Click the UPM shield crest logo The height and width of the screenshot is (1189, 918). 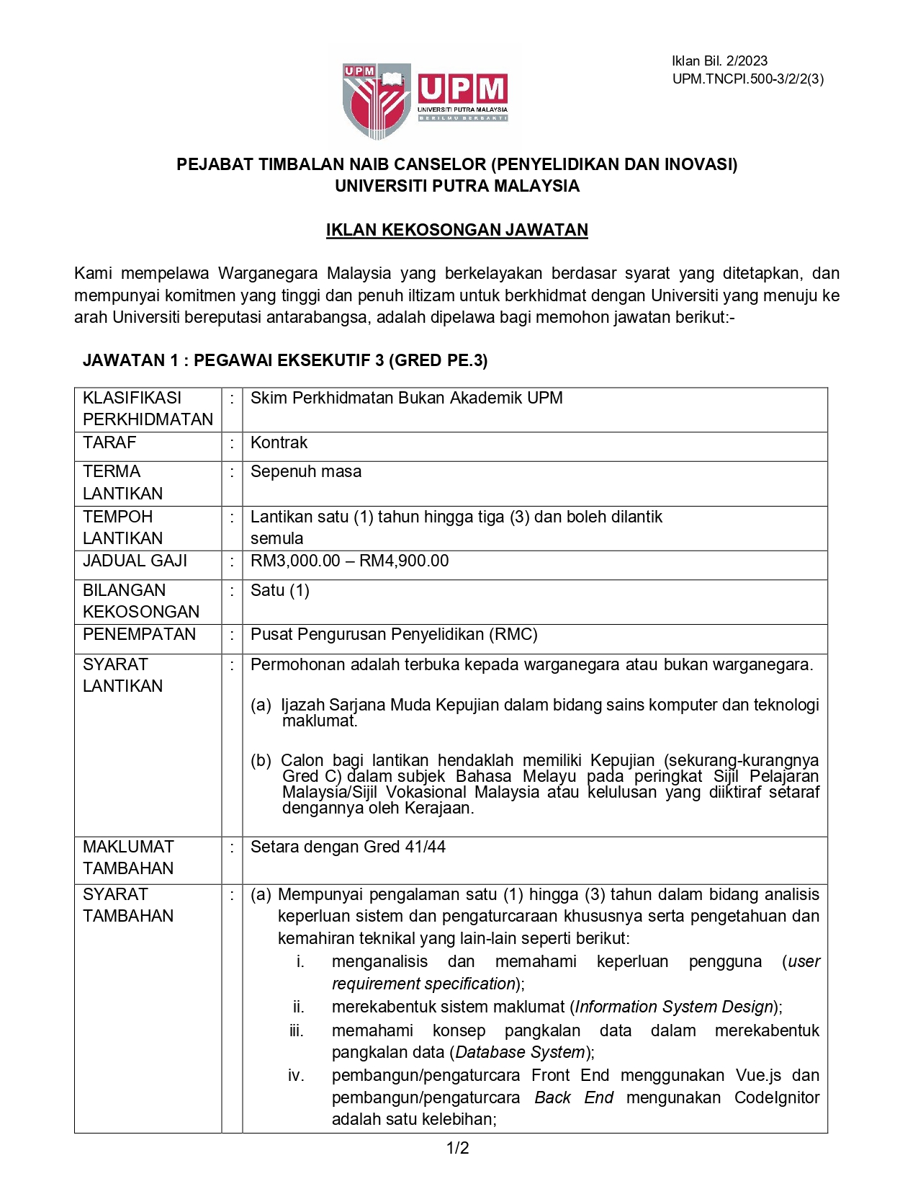point(377,100)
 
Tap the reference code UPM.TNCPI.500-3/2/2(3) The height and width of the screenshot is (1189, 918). point(747,79)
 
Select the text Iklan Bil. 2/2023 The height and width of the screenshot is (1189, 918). point(719,61)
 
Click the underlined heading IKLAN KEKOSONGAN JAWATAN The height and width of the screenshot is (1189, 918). point(456,230)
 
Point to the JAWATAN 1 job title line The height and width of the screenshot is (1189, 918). point(285,360)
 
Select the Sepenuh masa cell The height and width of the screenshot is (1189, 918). point(306,471)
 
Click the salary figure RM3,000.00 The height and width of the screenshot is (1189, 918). point(295,561)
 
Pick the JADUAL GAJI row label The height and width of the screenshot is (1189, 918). point(135,561)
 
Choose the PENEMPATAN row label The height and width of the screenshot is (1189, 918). point(139,634)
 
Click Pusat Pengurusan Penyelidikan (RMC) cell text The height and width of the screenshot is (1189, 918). point(394,634)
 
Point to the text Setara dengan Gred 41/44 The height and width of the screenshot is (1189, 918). point(348,847)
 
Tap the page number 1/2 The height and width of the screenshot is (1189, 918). point(458,1148)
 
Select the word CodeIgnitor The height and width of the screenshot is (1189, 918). point(777,1097)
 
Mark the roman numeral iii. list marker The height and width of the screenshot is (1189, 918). point(297,1030)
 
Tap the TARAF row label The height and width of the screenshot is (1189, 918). point(109,442)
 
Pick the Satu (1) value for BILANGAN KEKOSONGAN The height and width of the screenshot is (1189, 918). point(279,590)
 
